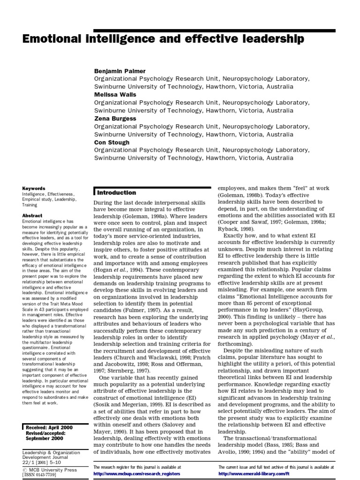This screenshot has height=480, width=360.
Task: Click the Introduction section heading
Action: coord(117,193)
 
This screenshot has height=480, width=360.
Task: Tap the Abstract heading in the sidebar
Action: coord(32,215)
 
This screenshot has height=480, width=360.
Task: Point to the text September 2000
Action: coord(44,438)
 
